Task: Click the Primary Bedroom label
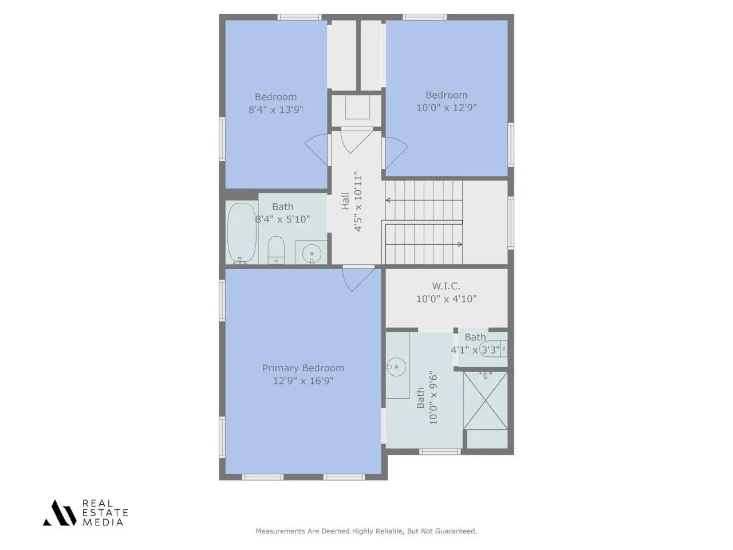point(303,368)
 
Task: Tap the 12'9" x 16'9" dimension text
point(303,380)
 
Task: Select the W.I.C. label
point(446,286)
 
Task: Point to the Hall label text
point(345,201)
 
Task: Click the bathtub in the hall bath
point(242,233)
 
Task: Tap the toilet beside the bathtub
point(276,250)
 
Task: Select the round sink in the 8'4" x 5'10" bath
point(312,254)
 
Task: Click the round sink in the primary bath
point(396,367)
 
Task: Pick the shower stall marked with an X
point(485,400)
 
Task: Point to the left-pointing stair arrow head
point(388,201)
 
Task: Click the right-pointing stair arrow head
point(460,244)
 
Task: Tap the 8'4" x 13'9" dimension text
point(276,109)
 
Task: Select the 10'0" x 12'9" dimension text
point(446,108)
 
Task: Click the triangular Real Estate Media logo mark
point(60,513)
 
